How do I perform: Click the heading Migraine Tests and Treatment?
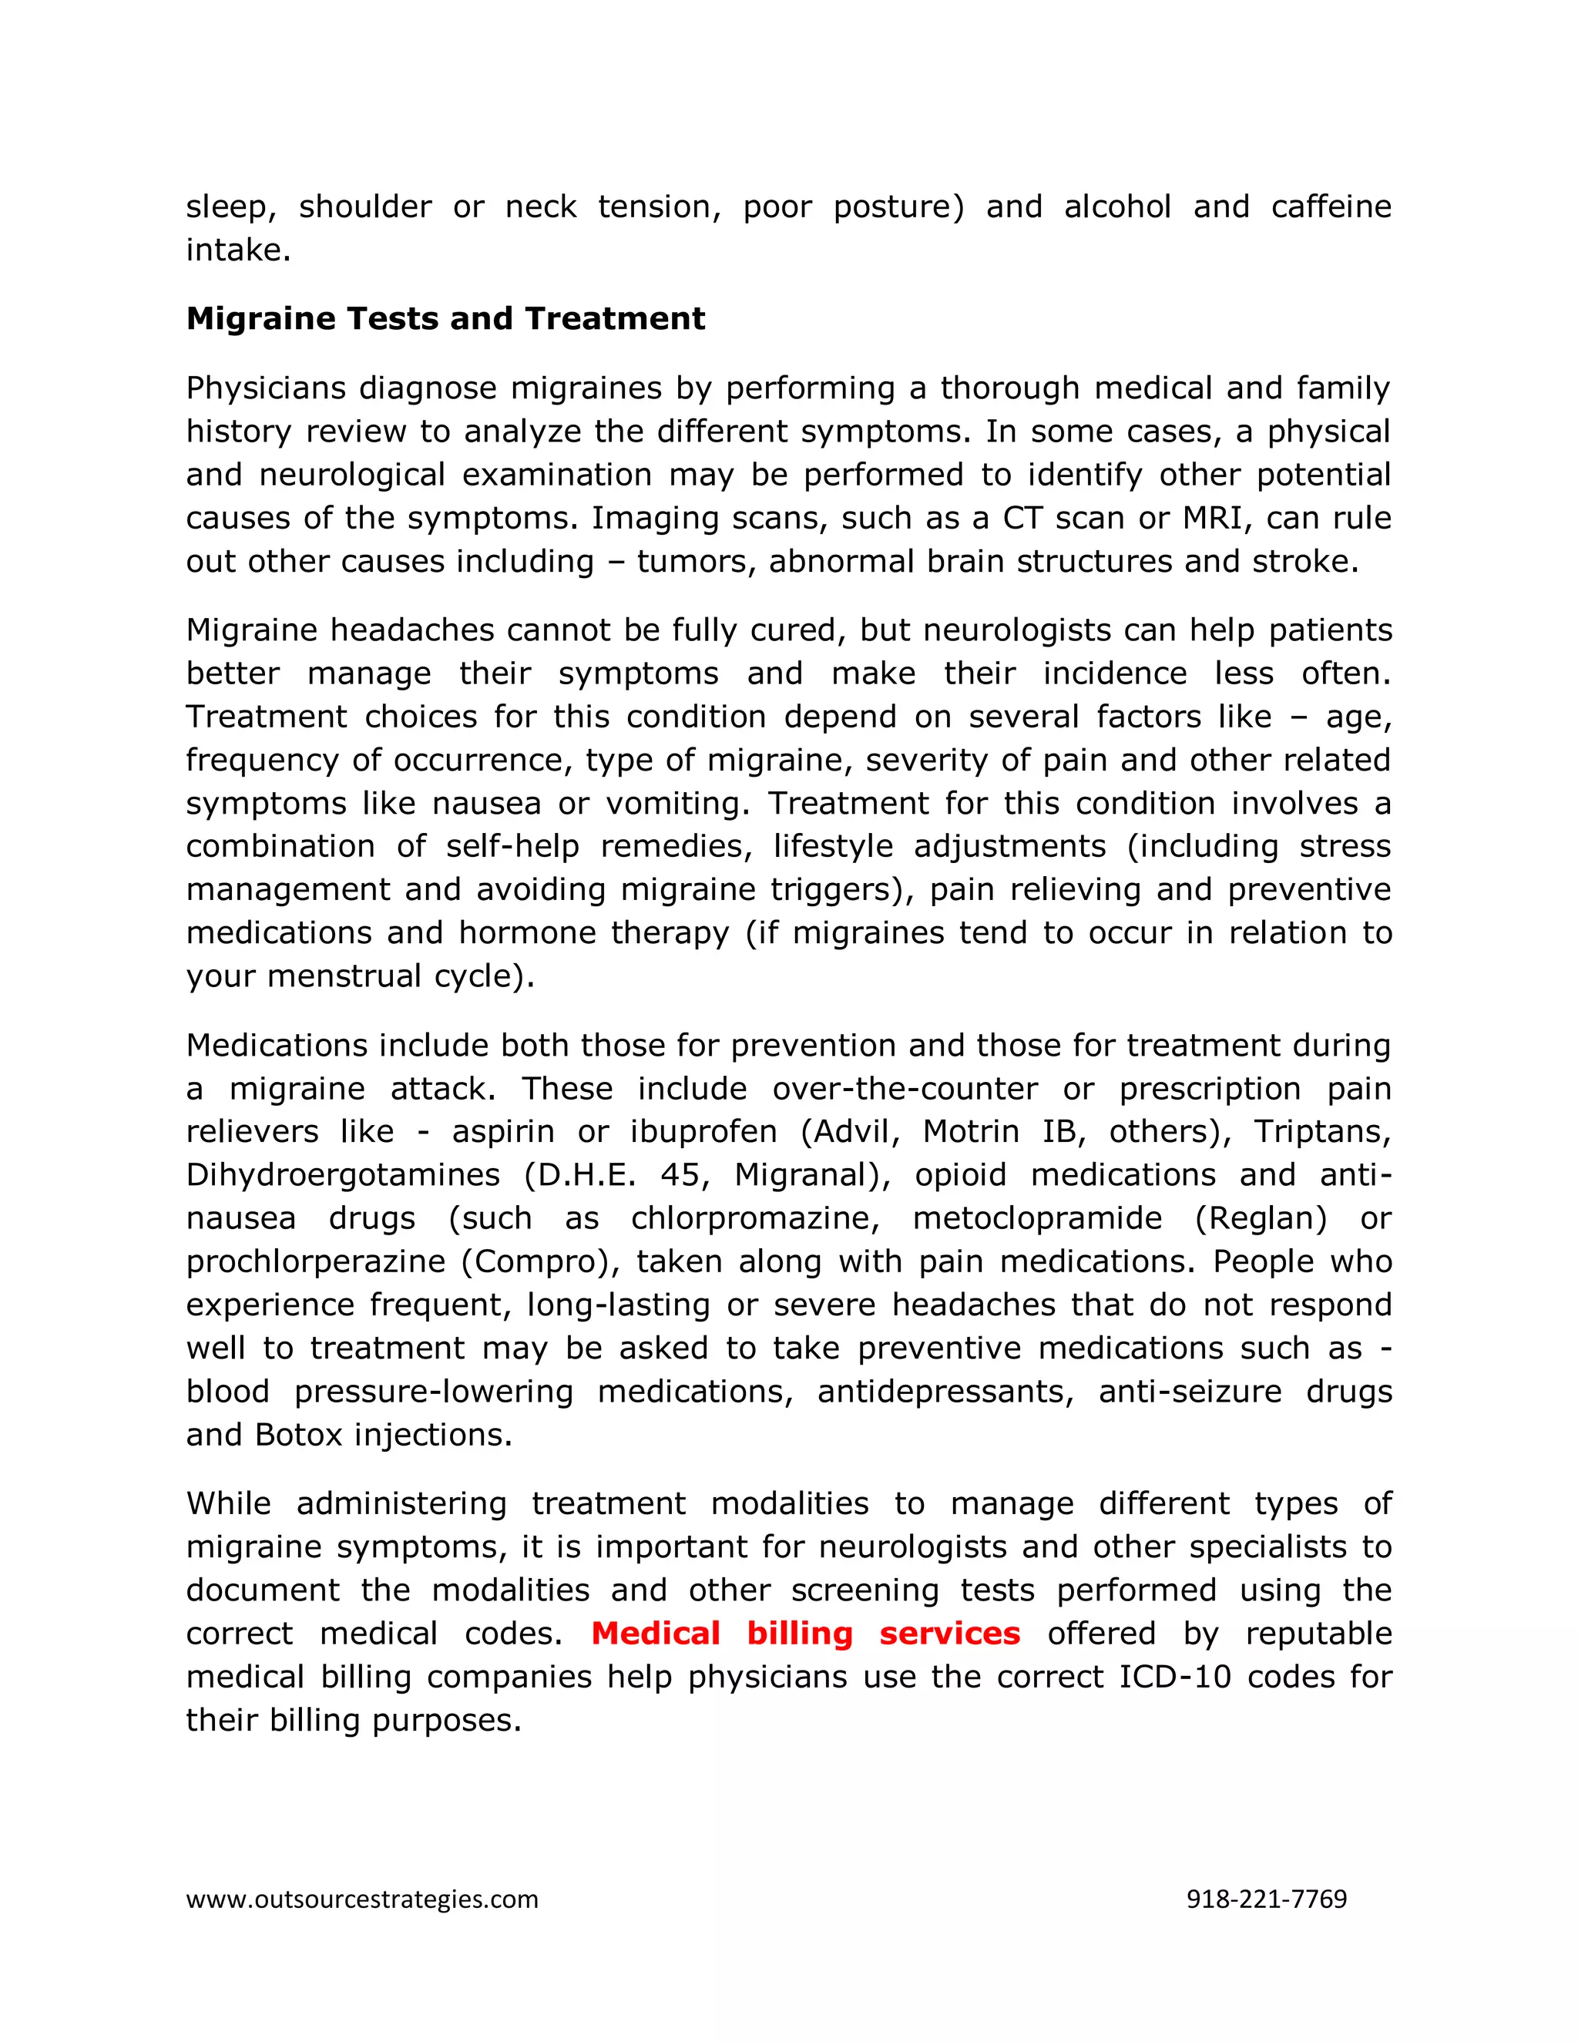[x=445, y=319]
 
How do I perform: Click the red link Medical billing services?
[x=805, y=1634]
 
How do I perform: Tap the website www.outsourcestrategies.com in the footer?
[x=362, y=1899]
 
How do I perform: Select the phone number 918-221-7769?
[x=1266, y=1899]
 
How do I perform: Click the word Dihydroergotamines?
[x=343, y=1175]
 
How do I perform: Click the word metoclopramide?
[x=1037, y=1218]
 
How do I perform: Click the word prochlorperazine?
[x=315, y=1262]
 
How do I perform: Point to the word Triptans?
[x=1321, y=1132]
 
